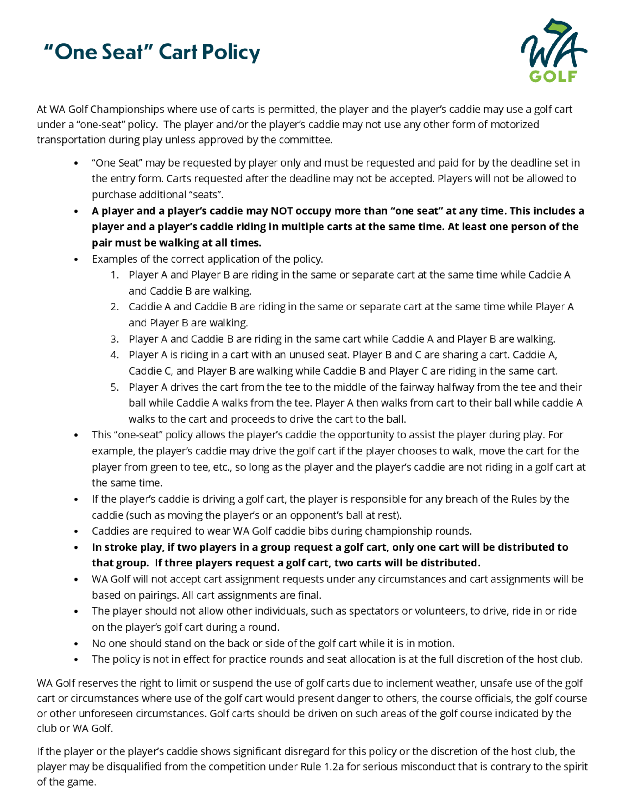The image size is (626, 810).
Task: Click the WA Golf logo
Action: tap(554, 50)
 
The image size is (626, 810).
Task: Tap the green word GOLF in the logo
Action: tap(553, 76)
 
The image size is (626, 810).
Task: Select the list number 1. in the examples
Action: tap(115, 275)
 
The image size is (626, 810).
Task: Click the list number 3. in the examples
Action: tap(115, 339)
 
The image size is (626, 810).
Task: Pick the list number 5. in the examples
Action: tap(115, 387)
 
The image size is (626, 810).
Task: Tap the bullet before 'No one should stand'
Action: tap(76, 643)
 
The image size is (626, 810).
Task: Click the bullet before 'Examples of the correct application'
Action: tap(76, 259)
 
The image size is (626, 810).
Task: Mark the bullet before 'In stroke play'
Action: tap(76, 547)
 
